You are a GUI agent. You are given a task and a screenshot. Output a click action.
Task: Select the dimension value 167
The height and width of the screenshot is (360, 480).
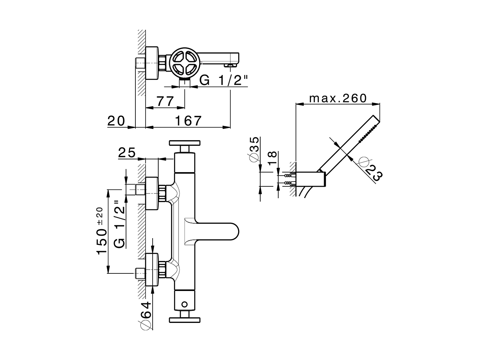pyautogui.click(x=188, y=121)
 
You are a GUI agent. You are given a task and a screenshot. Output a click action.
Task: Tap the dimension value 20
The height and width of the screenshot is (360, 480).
pyautogui.click(x=115, y=121)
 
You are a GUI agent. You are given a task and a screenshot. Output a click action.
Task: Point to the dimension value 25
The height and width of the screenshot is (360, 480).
pyautogui.click(x=127, y=153)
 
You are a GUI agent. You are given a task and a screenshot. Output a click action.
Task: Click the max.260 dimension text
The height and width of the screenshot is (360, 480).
pyautogui.click(x=337, y=98)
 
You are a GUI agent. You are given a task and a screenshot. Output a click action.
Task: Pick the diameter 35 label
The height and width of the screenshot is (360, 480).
pyautogui.click(x=253, y=149)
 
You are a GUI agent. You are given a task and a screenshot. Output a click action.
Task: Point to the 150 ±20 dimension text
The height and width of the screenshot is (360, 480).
pyautogui.click(x=100, y=231)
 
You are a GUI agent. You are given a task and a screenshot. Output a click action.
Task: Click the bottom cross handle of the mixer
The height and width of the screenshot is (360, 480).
pyautogui.click(x=185, y=320)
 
